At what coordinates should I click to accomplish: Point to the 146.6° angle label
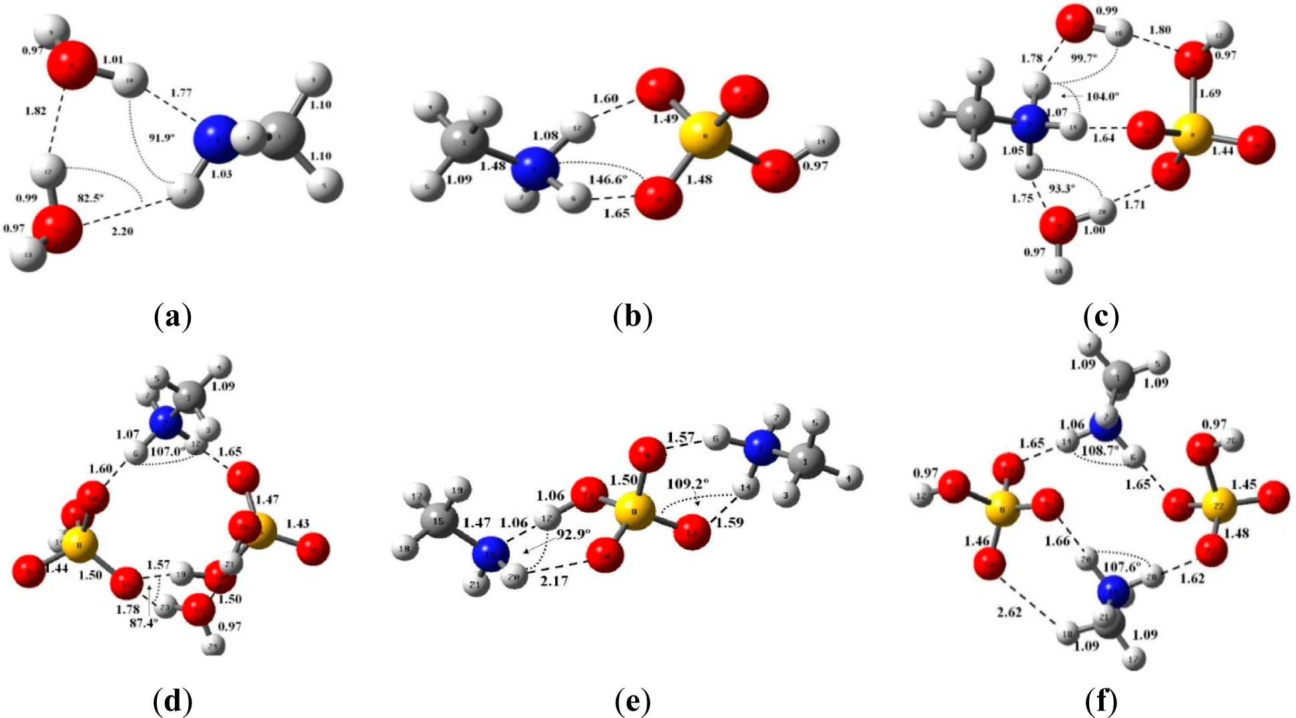tap(607, 179)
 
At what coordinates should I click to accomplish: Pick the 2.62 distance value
tap(1008, 612)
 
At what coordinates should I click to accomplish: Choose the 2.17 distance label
tap(554, 581)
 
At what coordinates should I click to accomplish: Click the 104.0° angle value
tap(1102, 96)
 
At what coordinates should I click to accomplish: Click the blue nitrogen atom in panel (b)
tap(534, 171)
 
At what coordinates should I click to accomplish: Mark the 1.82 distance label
tap(35, 110)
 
